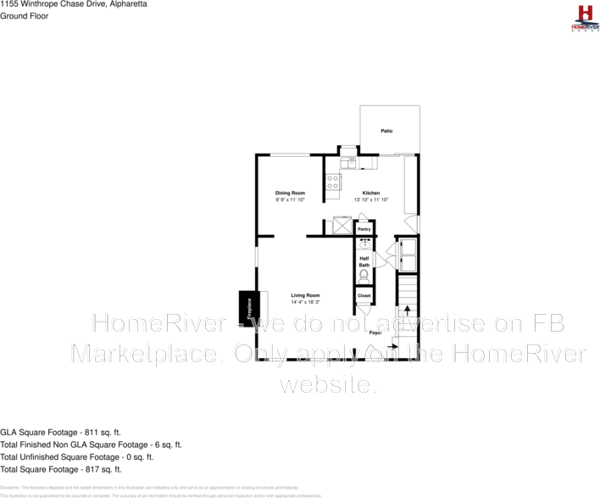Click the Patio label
[386, 131]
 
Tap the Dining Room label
[290, 193]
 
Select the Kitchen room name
[371, 193]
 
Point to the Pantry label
[364, 229]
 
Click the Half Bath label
[364, 262]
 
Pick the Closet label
[364, 295]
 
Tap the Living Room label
[305, 295]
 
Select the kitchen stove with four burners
[333, 182]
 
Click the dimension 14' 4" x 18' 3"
[305, 302]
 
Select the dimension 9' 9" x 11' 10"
[290, 200]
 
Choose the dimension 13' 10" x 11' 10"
[371, 200]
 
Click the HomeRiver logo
[584, 18]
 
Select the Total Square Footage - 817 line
[61, 469]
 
